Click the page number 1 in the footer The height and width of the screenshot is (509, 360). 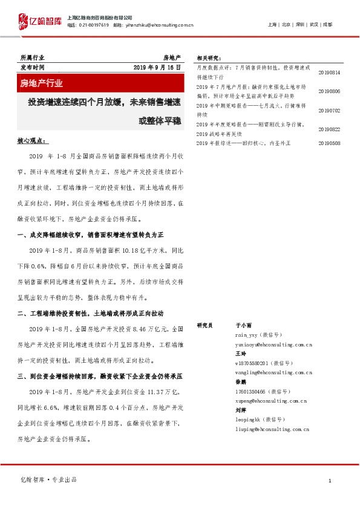pyautogui.click(x=329, y=480)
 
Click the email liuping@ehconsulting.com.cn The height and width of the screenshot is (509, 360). pyautogui.click(x=272, y=429)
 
